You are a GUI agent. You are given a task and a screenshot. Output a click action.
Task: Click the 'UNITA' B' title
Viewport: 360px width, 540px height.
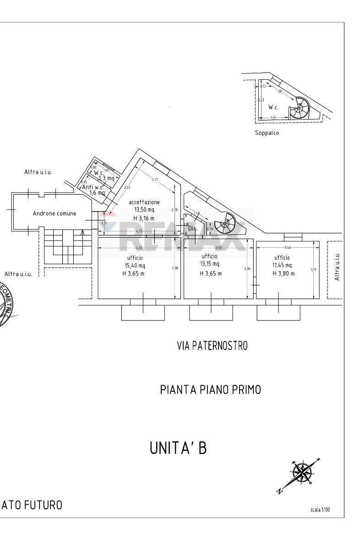[x=178, y=448]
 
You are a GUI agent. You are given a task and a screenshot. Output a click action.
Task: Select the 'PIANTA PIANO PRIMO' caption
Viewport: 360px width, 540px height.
[x=210, y=390]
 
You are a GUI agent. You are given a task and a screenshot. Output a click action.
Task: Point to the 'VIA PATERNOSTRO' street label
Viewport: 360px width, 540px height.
[x=212, y=346]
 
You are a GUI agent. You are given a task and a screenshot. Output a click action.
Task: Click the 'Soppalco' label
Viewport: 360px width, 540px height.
[x=267, y=133]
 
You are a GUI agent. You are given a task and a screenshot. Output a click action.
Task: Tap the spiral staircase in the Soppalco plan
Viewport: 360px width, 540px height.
[x=300, y=109]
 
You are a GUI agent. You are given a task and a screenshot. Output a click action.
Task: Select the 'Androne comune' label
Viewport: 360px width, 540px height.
[x=55, y=213]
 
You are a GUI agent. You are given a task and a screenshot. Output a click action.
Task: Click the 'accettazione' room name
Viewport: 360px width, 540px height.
[x=144, y=202]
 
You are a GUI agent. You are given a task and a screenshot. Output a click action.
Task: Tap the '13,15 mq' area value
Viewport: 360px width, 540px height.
[x=210, y=264]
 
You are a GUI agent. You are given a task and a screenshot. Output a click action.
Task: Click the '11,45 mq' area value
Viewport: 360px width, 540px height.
[x=283, y=265]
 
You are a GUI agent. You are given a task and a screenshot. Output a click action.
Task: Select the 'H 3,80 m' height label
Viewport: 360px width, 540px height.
[x=283, y=273]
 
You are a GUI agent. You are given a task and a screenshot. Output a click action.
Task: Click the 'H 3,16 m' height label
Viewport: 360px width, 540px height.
[x=144, y=218]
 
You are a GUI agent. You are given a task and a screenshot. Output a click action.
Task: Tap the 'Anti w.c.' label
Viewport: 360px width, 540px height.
[x=93, y=187]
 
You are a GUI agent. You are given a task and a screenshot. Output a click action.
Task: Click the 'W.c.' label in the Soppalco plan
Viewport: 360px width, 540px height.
[x=273, y=107]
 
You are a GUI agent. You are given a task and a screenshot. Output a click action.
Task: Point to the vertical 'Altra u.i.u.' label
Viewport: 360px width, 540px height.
[x=337, y=267]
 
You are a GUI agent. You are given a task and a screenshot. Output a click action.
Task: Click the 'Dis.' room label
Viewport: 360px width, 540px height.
[x=193, y=228]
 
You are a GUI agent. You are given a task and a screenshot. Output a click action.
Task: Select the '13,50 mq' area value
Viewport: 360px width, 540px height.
[x=144, y=210]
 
